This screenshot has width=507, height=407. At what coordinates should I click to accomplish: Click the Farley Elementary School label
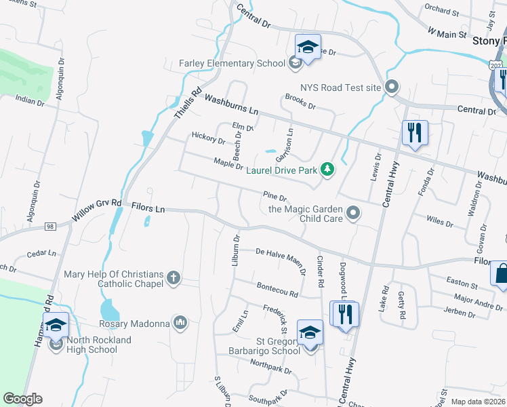tap(232, 64)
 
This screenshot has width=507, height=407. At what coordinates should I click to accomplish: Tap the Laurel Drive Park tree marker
tap(327, 169)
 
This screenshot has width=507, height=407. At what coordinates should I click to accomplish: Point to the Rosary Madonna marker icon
tap(180, 323)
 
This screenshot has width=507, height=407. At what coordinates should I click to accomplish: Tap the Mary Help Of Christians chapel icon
tap(174, 277)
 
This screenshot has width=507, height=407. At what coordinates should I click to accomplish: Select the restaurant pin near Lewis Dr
tap(414, 132)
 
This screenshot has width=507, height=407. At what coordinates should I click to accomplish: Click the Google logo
tap(23, 399)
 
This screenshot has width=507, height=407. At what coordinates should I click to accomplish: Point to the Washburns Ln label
tap(232, 104)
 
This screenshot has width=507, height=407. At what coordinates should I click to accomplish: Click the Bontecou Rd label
tap(276, 290)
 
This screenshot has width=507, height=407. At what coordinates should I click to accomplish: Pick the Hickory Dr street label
tap(208, 139)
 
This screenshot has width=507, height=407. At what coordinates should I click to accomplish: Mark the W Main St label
tap(447, 32)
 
